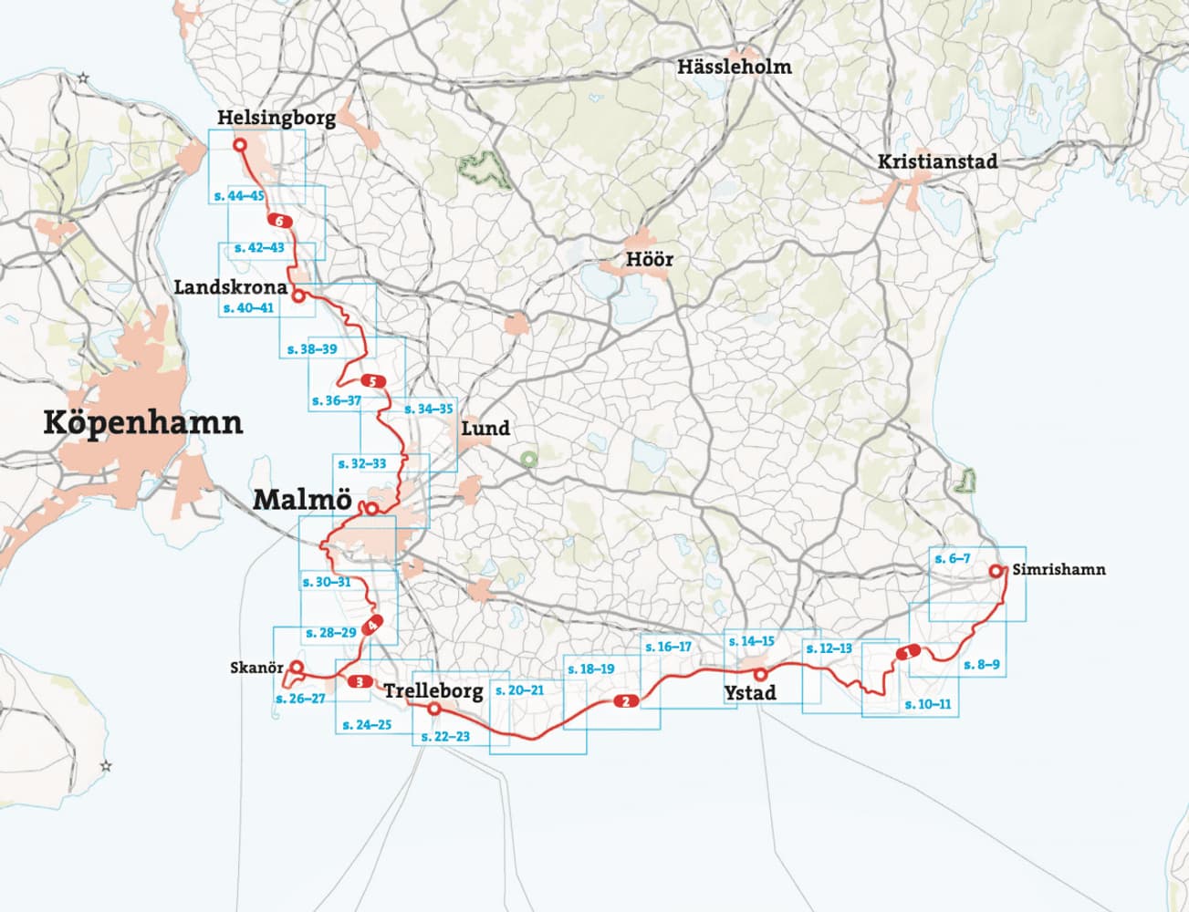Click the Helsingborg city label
[276, 119]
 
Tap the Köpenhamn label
[143, 423]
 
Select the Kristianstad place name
[937, 161]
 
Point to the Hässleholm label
[734, 67]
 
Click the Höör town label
[650, 260]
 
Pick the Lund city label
[485, 429]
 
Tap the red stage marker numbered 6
[278, 221]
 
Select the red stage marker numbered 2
[625, 701]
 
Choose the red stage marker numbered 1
[908, 653]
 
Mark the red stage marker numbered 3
[360, 681]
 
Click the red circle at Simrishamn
[996, 572]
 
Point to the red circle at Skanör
[296, 667]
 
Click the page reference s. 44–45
[237, 196]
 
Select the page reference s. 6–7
[953, 558]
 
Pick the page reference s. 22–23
[445, 735]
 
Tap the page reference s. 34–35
[428, 409]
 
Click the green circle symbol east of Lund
[527, 459]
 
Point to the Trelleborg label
[433, 691]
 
